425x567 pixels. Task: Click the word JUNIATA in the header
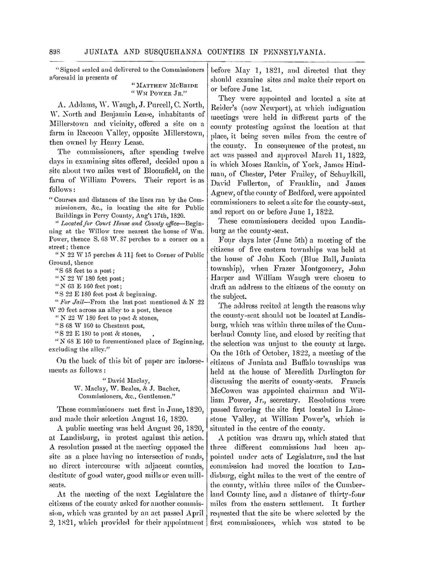[x=101, y=53]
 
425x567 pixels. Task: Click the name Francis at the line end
[x=353, y=382]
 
